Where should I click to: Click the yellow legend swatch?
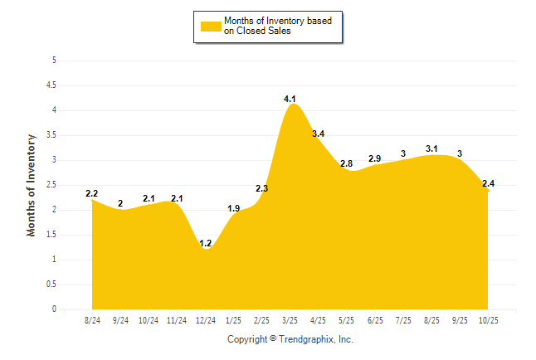click(211, 26)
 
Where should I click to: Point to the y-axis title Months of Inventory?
click(32, 185)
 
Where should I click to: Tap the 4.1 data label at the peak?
click(290, 100)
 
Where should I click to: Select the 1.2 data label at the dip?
click(205, 244)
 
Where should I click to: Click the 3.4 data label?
click(318, 134)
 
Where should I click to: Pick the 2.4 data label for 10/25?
click(488, 183)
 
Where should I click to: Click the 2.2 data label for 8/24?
click(92, 193)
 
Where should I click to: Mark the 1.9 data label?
click(233, 208)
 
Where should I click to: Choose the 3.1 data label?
click(431, 148)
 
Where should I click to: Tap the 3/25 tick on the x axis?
click(290, 319)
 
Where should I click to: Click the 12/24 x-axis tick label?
click(205, 319)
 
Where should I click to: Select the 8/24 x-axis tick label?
click(92, 319)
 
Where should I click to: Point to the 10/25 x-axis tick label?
click(488, 319)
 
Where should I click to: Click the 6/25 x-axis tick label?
click(375, 319)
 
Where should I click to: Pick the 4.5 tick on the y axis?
click(51, 85)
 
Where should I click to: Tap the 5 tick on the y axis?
click(54, 61)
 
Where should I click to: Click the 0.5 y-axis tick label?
click(51, 285)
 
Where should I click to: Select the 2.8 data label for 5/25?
click(347, 163)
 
